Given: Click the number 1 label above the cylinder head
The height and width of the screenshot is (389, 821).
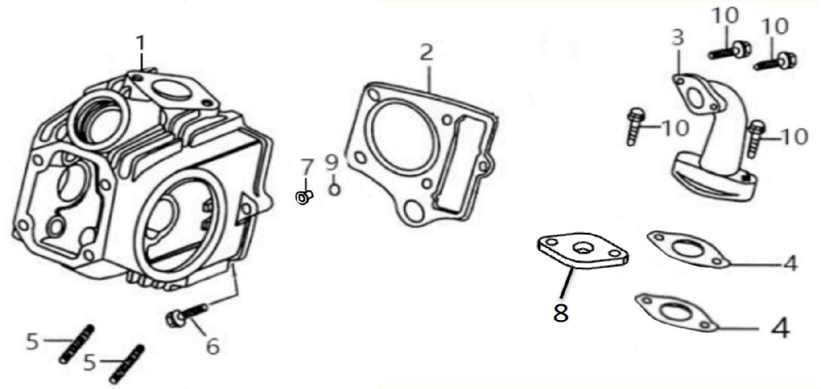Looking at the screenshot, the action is [x=140, y=44].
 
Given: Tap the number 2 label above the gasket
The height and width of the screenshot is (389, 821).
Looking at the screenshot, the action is [x=427, y=53].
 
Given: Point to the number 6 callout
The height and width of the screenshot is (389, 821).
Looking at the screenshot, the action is [x=213, y=346].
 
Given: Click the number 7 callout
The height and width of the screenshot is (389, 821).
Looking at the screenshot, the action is [x=307, y=168].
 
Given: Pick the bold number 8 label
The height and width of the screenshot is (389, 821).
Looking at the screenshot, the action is [x=560, y=313].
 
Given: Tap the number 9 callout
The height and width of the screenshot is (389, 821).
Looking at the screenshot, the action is [x=332, y=163].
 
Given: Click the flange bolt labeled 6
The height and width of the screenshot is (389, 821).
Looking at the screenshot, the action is [x=187, y=313].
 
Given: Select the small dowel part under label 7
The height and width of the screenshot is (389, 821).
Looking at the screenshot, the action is [x=305, y=198].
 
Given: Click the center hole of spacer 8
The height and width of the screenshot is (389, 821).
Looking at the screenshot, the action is [x=581, y=245].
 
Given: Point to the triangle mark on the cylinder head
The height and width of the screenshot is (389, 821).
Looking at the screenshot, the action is [x=245, y=208].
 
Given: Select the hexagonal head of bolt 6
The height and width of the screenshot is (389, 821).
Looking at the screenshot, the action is [x=172, y=318].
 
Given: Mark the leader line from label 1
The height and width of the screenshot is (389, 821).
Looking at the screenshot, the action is [x=141, y=64].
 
